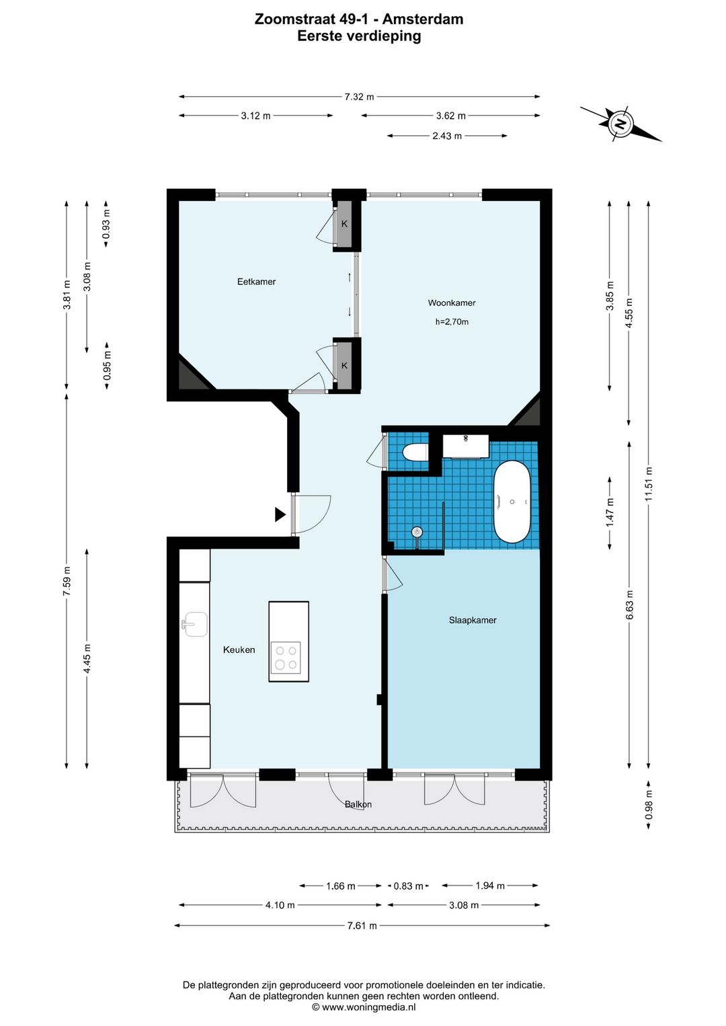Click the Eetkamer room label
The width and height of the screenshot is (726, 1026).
click(x=256, y=282)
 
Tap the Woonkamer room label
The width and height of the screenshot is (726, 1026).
click(x=452, y=303)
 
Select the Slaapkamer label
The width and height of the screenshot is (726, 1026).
click(x=473, y=620)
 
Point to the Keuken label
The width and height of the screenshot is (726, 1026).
click(x=239, y=649)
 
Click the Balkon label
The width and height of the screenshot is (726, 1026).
click(x=358, y=804)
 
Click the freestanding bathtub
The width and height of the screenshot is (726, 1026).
click(x=512, y=502)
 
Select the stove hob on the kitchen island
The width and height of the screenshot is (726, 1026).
click(x=286, y=658)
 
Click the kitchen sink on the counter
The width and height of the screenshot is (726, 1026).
click(x=196, y=625)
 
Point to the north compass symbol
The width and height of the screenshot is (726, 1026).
click(x=620, y=124)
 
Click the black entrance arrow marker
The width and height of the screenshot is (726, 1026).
click(x=280, y=515)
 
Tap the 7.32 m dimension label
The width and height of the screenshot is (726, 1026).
click(x=359, y=97)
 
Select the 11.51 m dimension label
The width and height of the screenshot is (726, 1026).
click(x=648, y=484)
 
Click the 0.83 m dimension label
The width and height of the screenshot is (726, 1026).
click(x=409, y=886)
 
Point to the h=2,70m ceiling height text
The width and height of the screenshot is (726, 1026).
click(x=452, y=322)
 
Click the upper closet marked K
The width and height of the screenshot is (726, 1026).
click(x=344, y=224)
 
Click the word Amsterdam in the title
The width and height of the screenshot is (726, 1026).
click(x=422, y=19)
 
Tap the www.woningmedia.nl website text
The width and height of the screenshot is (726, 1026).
click(x=369, y=1007)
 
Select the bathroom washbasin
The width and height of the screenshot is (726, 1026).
click(x=465, y=446)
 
